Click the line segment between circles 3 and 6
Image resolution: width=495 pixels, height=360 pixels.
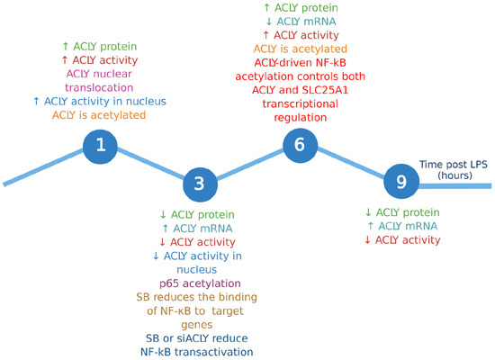252,166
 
